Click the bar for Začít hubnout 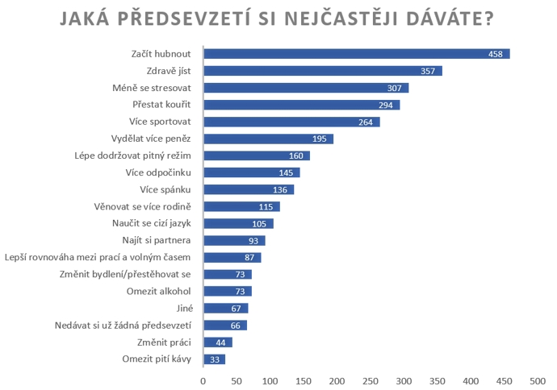(x=355, y=54)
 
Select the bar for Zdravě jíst (x=323, y=71)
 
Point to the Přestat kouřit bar (x=301, y=105)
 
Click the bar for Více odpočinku (x=251, y=172)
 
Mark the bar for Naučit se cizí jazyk (x=238, y=223)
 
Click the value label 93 (x=255, y=240)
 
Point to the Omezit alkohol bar (x=227, y=291)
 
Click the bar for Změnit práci (x=217, y=342)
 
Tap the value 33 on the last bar (x=216, y=359)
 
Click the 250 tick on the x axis (x=371, y=379)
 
